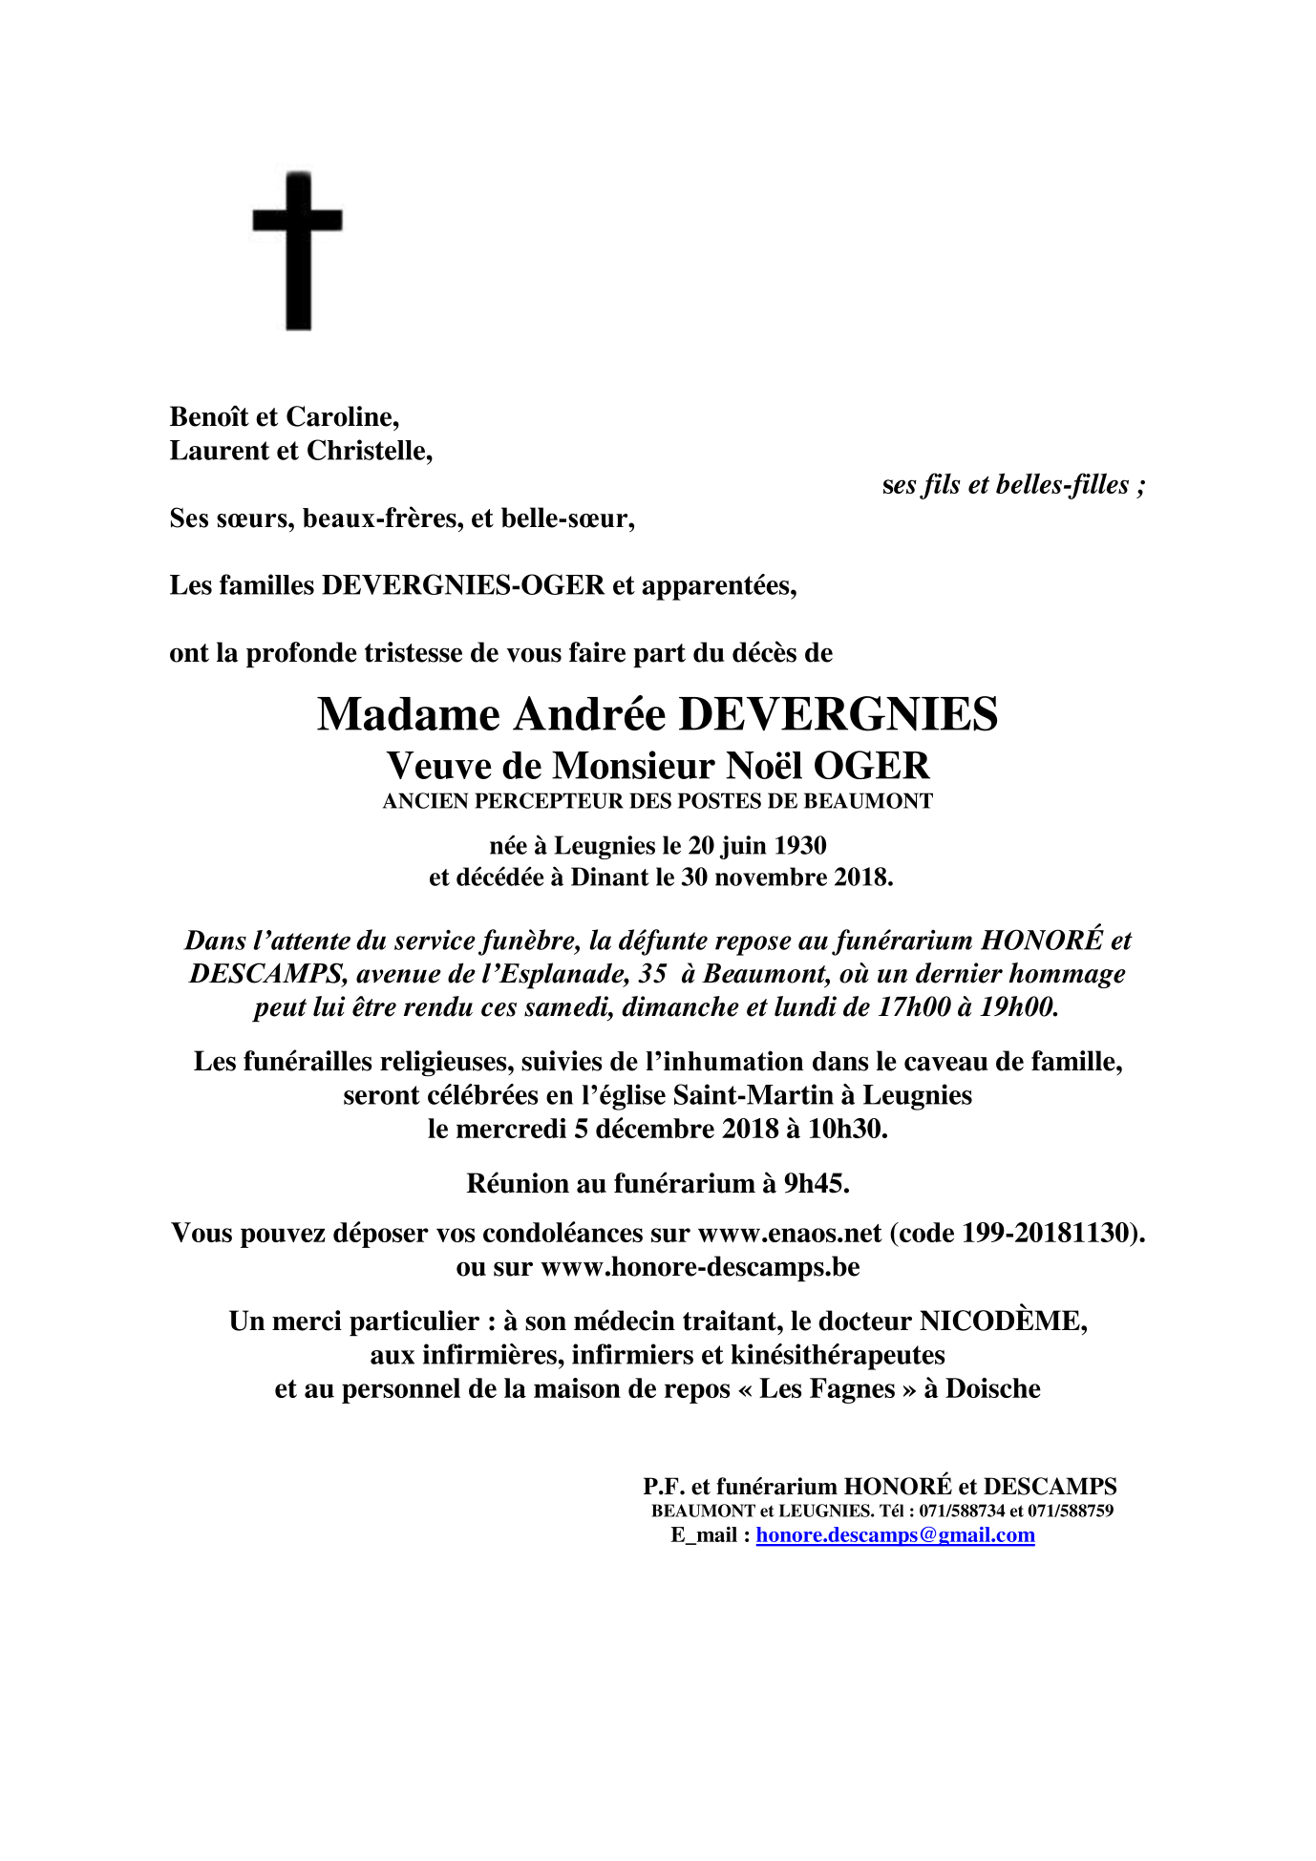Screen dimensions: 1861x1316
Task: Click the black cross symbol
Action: tap(298, 250)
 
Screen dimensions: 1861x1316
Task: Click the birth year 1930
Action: tap(800, 846)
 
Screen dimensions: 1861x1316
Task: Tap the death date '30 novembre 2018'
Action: tap(784, 878)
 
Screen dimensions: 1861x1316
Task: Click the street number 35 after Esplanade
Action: tap(652, 974)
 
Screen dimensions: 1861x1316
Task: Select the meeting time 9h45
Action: tap(817, 1184)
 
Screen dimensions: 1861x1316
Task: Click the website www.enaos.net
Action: tap(790, 1234)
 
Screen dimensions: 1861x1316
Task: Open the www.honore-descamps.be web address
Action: tap(700, 1267)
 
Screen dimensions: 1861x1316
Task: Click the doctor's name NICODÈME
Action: tap(1002, 1322)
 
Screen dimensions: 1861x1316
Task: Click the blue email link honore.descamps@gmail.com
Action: tap(895, 1535)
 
